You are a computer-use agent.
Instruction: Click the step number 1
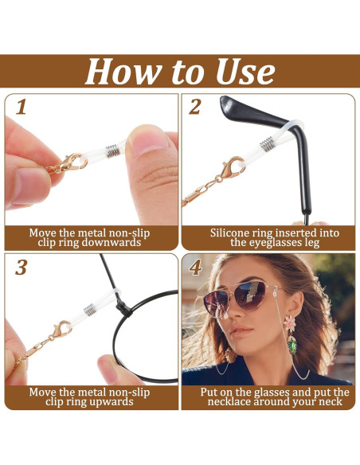[x=21, y=106]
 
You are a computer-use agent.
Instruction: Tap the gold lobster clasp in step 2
[x=233, y=169]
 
